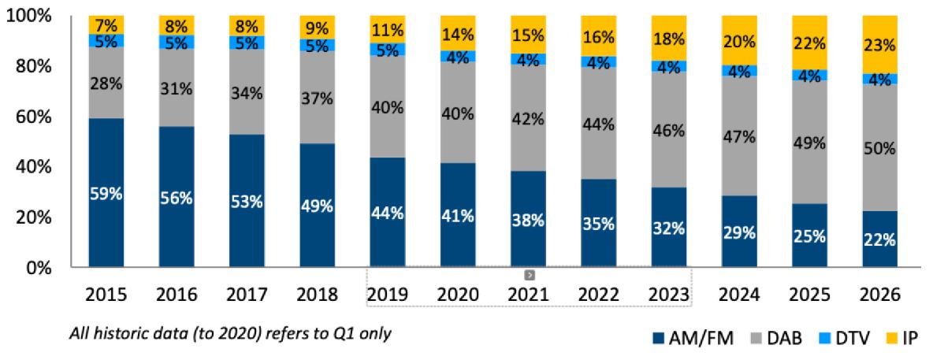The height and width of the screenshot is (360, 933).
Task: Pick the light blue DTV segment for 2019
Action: click(387, 50)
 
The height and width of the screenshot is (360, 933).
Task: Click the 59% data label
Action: click(106, 193)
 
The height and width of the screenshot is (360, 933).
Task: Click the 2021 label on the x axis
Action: click(528, 294)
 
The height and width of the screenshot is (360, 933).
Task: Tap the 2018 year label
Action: click(317, 294)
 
